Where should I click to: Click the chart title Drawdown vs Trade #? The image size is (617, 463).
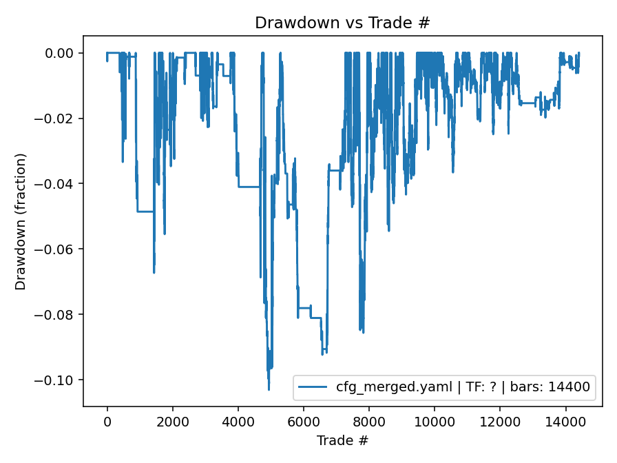coord(342,23)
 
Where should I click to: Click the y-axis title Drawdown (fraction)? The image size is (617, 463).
coord(21,221)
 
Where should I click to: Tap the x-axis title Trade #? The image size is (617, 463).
coord(342,440)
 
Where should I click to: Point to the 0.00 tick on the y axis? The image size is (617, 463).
coord(64,53)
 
